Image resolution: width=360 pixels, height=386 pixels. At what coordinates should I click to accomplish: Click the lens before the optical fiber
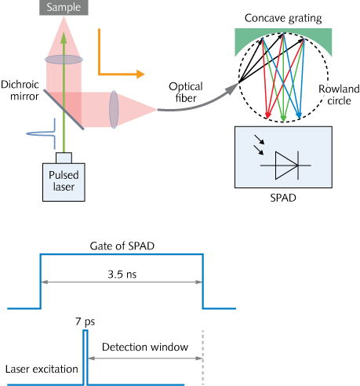point(114,107)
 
